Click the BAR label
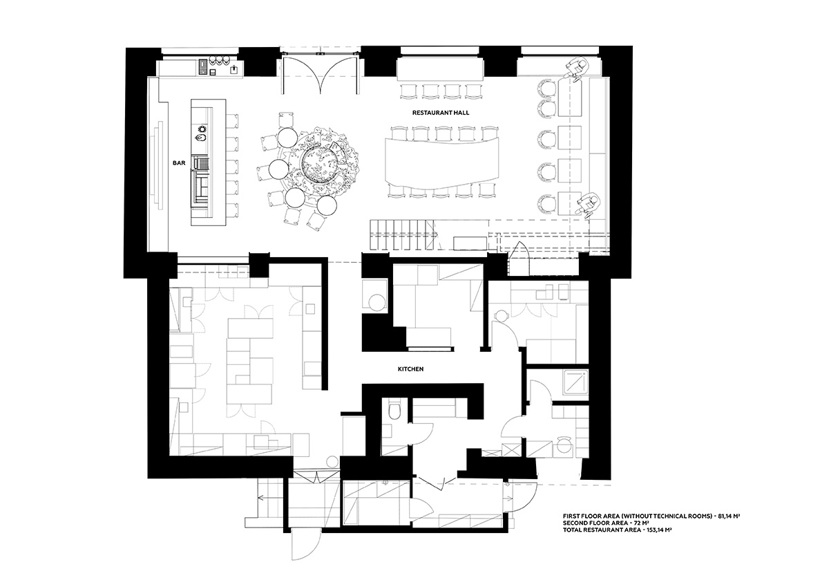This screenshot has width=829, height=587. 179,163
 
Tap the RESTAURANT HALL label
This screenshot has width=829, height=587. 441,113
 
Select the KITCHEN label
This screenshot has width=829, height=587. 410,369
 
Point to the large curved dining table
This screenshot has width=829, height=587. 442,163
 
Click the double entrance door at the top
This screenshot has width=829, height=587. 320,74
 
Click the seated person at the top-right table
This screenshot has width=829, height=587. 578,70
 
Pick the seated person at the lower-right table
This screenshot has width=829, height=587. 589,204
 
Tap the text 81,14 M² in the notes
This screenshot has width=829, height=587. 728,516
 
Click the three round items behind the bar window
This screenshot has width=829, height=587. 220,59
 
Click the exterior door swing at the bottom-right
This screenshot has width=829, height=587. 522,497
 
